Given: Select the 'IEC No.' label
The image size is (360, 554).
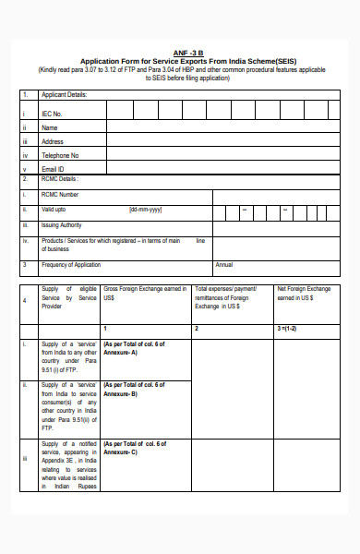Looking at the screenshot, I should pos(53,113).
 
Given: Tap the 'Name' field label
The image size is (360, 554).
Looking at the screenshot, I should pos(50,127).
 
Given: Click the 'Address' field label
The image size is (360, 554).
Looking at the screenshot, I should pos(53,141).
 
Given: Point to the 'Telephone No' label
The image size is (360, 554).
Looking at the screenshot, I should pos(60,155).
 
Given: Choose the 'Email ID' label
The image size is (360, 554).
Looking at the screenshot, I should pos(54,169).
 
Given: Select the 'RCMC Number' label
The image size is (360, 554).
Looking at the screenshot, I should pos(61,195).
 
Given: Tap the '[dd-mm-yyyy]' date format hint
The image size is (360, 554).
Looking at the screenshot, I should pos(147,210).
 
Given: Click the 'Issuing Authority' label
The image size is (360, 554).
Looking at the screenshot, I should pos(63,224).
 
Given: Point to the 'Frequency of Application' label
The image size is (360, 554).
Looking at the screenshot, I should pos(72,265).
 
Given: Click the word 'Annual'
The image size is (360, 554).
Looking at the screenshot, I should pos(224,265).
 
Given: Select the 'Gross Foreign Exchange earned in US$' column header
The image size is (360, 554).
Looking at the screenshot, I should pos(146,294).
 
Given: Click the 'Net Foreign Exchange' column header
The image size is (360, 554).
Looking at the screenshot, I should pos(304,289).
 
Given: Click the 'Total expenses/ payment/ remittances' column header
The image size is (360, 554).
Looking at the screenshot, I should pos(227,294).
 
